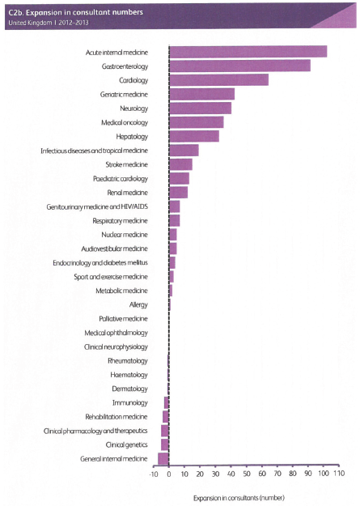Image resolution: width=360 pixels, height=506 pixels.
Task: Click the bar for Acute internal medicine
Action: (248, 52)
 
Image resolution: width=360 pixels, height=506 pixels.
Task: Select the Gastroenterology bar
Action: (239, 66)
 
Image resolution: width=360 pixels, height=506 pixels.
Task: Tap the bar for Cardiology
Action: (218, 79)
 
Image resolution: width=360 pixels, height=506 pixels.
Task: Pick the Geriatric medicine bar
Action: (201, 94)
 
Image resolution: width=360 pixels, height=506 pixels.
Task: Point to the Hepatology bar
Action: (194, 136)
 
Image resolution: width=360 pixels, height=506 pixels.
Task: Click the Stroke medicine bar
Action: (180, 164)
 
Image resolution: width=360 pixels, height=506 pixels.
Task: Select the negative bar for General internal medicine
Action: (163, 458)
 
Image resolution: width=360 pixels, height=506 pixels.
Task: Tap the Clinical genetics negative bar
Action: (165, 444)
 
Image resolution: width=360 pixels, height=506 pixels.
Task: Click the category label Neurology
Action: (133, 108)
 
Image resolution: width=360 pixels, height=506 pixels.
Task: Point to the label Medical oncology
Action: (125, 122)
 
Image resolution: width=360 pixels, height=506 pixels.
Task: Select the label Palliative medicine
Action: (123, 319)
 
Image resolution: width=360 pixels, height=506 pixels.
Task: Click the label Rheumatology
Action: (128, 361)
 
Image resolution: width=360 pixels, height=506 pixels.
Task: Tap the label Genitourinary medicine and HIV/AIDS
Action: (97, 206)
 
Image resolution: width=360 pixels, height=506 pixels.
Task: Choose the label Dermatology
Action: (129, 389)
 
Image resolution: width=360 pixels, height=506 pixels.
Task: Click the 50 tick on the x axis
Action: (247, 474)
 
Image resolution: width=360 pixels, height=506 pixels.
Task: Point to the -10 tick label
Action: (154, 474)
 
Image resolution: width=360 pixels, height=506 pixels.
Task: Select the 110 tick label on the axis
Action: (339, 474)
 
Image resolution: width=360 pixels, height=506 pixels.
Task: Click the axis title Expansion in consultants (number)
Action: (239, 498)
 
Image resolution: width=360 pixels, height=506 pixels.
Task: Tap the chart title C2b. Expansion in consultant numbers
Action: (76, 12)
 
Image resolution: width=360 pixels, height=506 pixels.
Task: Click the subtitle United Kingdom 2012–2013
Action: (49, 23)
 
